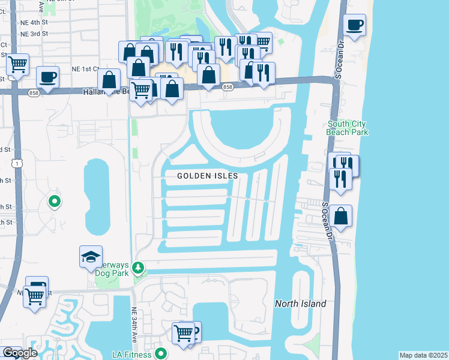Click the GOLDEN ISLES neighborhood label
pyautogui.click(x=208, y=176)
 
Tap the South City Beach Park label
pyautogui.click(x=347, y=128)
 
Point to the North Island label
pyautogui.click(x=300, y=304)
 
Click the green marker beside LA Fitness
pyautogui.click(x=160, y=354)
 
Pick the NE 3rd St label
pyautogui.click(x=34, y=34)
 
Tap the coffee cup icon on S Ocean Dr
pyautogui.click(x=355, y=25)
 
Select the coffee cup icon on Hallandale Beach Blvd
pyautogui.click(x=47, y=77)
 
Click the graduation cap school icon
pyautogui.click(x=91, y=257)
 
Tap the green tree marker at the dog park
pyautogui.click(x=139, y=266)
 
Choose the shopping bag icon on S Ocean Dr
pyautogui.click(x=340, y=217)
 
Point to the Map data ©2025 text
pyautogui.click(x=423, y=355)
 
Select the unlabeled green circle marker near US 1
pyautogui.click(x=55, y=202)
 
